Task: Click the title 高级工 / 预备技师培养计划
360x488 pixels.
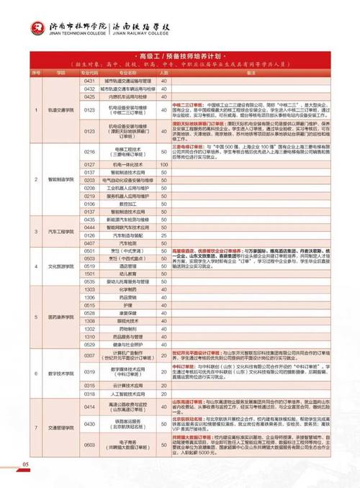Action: [180, 55]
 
